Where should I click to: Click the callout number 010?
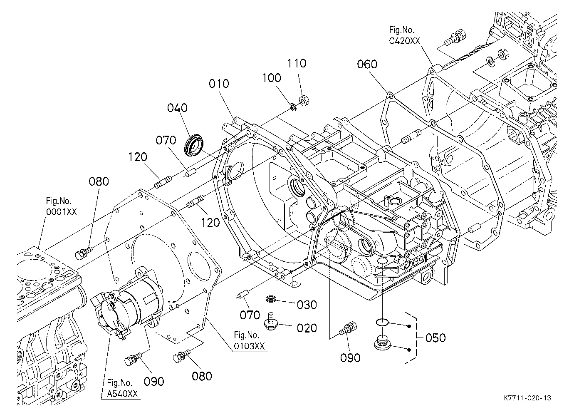point(219,84)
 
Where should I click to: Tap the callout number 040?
point(177,108)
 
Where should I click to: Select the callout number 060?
point(367,64)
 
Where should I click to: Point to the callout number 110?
point(297,63)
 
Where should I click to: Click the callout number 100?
point(271,78)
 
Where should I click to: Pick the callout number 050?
point(435,338)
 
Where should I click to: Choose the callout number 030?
point(307,305)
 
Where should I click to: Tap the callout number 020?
point(307,328)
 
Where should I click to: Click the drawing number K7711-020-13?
point(527,398)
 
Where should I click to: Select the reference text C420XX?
point(404,41)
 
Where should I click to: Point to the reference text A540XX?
point(122,394)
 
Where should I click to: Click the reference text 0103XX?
point(249,346)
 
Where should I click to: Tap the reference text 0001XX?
point(61,212)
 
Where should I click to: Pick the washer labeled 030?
point(271,298)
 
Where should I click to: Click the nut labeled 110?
point(304,100)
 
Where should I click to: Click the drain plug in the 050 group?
point(382,343)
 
